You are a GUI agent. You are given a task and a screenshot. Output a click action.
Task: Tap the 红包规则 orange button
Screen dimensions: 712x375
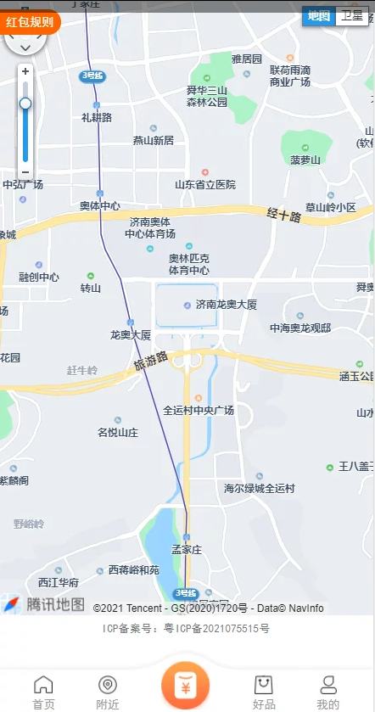click(30, 21)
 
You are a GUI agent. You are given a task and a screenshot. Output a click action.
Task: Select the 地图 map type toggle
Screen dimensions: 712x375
click(319, 16)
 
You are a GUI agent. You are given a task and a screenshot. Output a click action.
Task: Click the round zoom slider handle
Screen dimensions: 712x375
click(25, 104)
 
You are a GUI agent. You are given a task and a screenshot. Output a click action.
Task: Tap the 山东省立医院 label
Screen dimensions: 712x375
click(204, 184)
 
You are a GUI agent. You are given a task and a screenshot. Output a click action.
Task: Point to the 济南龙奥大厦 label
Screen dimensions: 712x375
click(226, 304)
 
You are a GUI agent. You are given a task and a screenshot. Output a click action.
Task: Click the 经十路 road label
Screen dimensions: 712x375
click(283, 216)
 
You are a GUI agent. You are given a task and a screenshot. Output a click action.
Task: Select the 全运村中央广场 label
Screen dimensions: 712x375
click(199, 410)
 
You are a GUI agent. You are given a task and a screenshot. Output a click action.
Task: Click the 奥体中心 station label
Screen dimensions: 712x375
click(100, 205)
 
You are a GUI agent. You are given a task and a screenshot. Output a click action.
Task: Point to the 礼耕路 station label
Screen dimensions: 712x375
click(97, 117)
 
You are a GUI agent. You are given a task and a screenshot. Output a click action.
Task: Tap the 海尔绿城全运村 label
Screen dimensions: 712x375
click(259, 488)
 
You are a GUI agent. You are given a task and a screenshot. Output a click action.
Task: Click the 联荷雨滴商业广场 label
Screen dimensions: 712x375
click(290, 76)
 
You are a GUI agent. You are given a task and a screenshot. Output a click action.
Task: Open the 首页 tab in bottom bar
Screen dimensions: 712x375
click(43, 692)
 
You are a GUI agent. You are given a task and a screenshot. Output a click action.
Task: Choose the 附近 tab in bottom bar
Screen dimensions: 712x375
click(108, 692)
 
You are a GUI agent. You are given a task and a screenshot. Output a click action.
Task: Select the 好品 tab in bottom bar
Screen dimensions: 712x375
click(264, 692)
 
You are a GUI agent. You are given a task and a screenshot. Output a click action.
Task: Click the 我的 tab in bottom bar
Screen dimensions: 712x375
click(328, 692)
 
